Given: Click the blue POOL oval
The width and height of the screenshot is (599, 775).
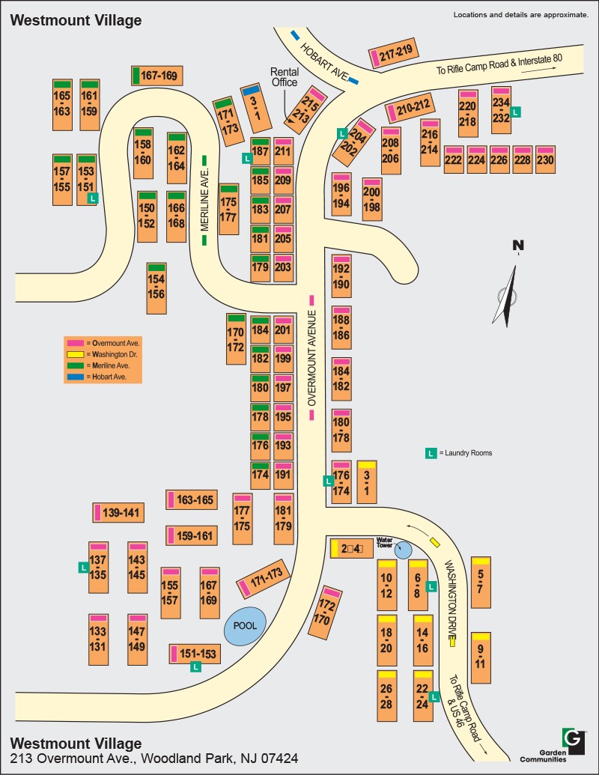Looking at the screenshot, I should coord(245,626).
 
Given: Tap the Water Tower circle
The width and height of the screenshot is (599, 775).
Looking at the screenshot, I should coord(404,550).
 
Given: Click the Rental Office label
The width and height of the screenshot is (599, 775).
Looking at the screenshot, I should coord(284,77).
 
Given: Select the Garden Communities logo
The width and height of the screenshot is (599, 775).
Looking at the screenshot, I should coord(573,740).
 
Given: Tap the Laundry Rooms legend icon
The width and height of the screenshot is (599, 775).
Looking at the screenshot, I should coord(431,453).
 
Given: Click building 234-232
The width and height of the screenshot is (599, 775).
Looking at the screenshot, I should coord(501,110).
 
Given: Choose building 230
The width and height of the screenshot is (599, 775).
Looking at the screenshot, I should coord(545,159).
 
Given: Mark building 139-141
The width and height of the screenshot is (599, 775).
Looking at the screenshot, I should coord(118,513).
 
